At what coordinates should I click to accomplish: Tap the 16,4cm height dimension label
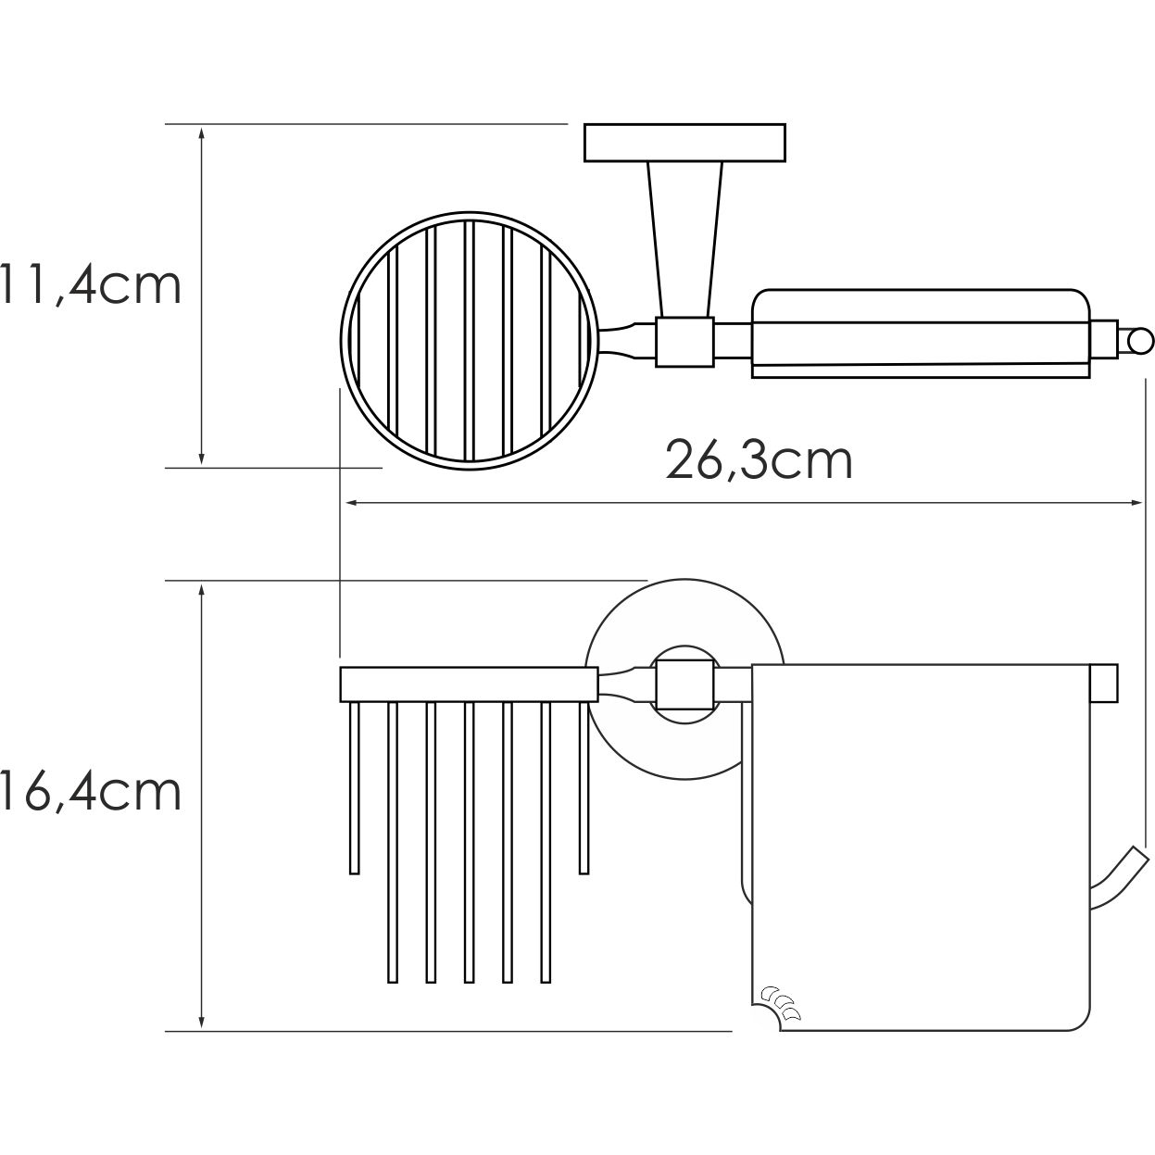click(x=91, y=793)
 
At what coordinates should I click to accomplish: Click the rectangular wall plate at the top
click(x=684, y=144)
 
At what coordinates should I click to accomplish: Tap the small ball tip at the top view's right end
click(x=1139, y=342)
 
